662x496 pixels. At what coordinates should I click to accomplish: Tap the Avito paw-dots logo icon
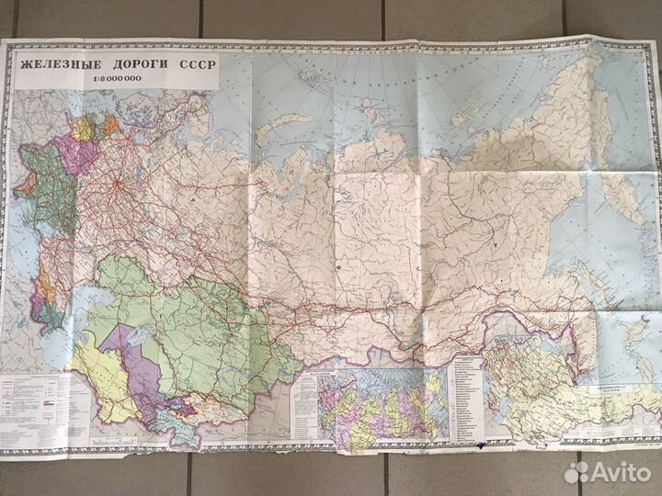coord(577,472)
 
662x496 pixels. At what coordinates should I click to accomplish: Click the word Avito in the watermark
coord(621,472)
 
